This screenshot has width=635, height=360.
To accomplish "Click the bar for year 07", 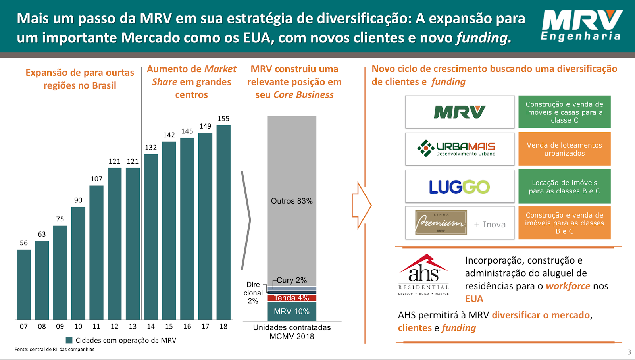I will click(24, 284).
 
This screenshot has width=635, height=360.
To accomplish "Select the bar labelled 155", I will click(223, 222).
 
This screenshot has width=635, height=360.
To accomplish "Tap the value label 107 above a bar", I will click(96, 179).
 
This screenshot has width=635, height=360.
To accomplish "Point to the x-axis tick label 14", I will click(151, 326).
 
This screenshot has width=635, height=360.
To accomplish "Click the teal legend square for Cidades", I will click(69, 340).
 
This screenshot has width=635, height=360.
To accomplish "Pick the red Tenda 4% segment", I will click(292, 298).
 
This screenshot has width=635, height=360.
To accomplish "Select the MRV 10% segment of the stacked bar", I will click(292, 312).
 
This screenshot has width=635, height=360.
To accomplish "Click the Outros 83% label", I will click(292, 201).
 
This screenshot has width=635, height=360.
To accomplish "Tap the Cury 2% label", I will click(292, 280).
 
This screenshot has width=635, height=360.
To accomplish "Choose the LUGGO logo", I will click(460, 187).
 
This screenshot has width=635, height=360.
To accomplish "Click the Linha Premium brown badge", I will click(441, 223).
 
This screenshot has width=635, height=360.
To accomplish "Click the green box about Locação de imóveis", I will click(564, 187).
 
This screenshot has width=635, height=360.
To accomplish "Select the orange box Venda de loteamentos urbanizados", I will click(564, 149).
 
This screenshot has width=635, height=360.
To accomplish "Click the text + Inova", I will click(490, 225).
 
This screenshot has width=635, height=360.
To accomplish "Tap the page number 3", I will click(629, 352).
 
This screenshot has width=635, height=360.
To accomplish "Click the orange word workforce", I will click(568, 286).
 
